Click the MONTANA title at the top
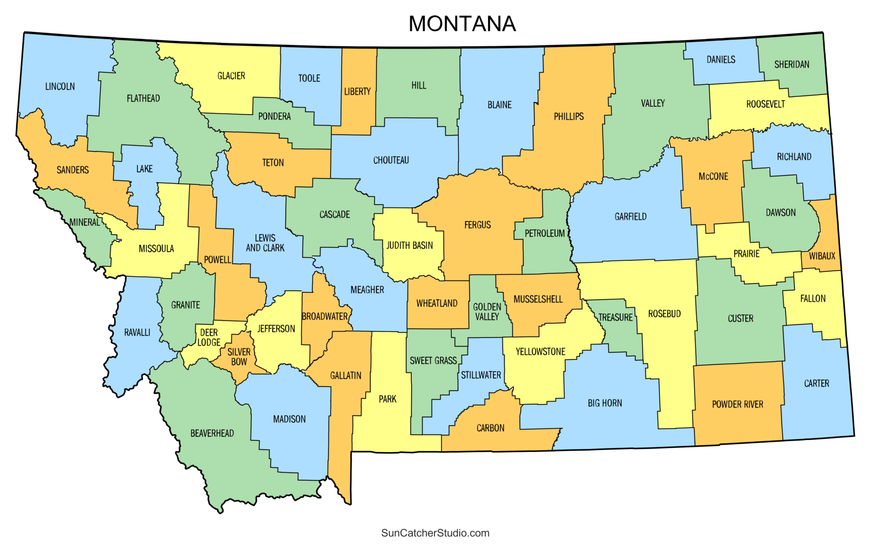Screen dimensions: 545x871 pyautogui.click(x=462, y=24)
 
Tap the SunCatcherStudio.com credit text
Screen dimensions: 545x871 pyautogui.click(x=435, y=533)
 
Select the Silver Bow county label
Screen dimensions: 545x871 pyautogui.click(x=239, y=357)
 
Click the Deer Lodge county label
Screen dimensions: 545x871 pyautogui.click(x=209, y=337)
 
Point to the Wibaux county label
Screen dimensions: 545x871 pyautogui.click(x=822, y=256)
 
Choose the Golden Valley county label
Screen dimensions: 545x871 pyautogui.click(x=487, y=311)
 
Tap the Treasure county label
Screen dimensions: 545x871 pyautogui.click(x=615, y=318)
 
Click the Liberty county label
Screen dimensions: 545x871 pyautogui.click(x=357, y=92)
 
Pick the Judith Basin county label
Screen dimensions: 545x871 pyautogui.click(x=410, y=245)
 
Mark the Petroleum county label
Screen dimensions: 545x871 pyautogui.click(x=545, y=233)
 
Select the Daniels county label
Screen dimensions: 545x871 pyautogui.click(x=721, y=60)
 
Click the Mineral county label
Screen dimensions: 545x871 pyautogui.click(x=85, y=222)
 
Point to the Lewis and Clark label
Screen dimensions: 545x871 pyautogui.click(x=265, y=243)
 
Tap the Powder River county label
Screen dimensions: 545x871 pyautogui.click(x=737, y=404)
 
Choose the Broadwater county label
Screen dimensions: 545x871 pyautogui.click(x=325, y=316)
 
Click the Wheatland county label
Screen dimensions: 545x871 pyautogui.click(x=437, y=303)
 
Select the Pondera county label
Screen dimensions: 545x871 pyautogui.click(x=274, y=116)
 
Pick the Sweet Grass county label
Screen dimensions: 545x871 pyautogui.click(x=433, y=360)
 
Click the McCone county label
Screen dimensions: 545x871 pyautogui.click(x=713, y=176)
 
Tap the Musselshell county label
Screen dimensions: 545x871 pyautogui.click(x=538, y=299)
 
